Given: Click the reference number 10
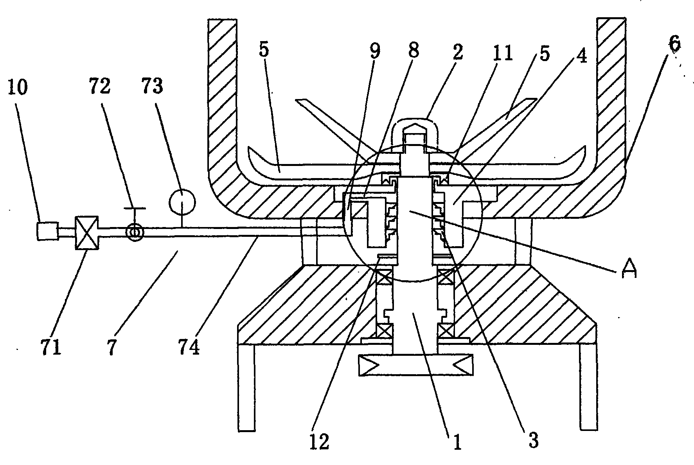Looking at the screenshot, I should point(17,87).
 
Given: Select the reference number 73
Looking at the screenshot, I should point(153,87).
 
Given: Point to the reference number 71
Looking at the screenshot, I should point(51,347).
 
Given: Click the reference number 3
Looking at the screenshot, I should point(533,440).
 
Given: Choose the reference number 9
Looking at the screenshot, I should point(374,52).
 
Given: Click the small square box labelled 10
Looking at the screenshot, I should point(47,231).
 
